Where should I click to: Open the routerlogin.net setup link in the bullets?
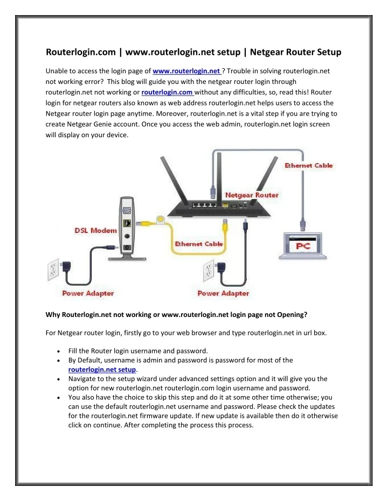click(x=102, y=370)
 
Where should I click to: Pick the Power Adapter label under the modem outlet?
click(x=88, y=293)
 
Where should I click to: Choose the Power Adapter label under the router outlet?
click(x=223, y=293)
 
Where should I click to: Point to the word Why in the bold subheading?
click(x=53, y=314)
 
